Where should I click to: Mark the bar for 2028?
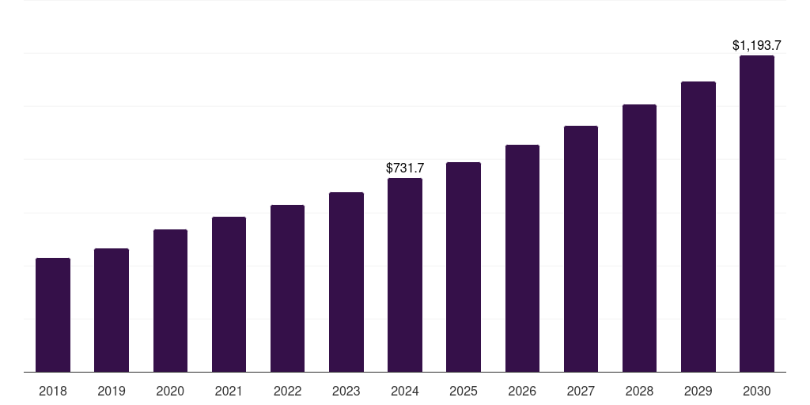639,238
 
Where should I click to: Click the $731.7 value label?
405,168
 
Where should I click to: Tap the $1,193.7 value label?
756,45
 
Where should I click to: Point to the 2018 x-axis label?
53,391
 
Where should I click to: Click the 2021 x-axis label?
229,391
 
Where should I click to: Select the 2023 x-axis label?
346,391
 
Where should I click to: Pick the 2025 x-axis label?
464,391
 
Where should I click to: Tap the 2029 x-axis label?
698,391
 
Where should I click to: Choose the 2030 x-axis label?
756,391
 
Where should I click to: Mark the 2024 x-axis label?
405,391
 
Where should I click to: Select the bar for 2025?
464,267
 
